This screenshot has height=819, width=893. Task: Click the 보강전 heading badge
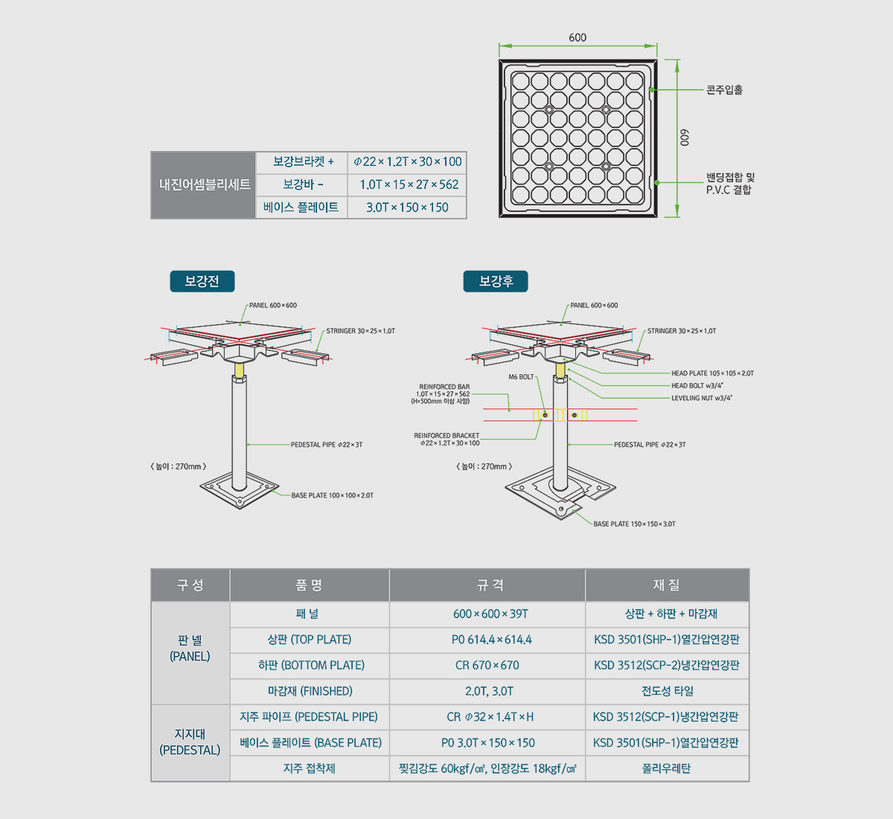pyautogui.click(x=202, y=281)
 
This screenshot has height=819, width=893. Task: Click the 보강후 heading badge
pyautogui.click(x=496, y=281)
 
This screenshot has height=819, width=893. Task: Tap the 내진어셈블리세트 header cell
pyautogui.click(x=204, y=184)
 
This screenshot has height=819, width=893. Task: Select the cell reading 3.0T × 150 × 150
pyautogui.click(x=407, y=208)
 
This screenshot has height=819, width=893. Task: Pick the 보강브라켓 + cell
pyautogui.click(x=302, y=161)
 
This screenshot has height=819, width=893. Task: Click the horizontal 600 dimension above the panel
pyautogui.click(x=577, y=37)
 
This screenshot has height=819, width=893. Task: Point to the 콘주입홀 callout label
pyautogui.click(x=724, y=90)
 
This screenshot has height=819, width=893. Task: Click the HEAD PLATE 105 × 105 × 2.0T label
pyautogui.click(x=712, y=373)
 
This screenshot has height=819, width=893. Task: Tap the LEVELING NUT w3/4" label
pyautogui.click(x=701, y=398)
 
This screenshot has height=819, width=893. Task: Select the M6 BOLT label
pyautogui.click(x=521, y=377)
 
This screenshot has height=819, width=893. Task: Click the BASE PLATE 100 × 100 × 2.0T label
pyautogui.click(x=332, y=495)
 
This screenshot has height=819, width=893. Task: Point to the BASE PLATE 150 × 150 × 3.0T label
pyautogui.click(x=634, y=524)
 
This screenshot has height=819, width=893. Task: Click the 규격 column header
pyautogui.click(x=487, y=585)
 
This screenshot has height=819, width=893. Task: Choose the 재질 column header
pyautogui.click(x=667, y=585)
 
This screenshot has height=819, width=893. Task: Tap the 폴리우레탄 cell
pyautogui.click(x=667, y=768)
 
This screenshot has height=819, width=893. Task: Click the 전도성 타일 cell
pyautogui.click(x=667, y=691)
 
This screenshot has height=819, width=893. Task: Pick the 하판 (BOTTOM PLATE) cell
pyautogui.click(x=310, y=665)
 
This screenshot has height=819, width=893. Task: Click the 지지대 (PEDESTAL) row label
pyautogui.click(x=190, y=742)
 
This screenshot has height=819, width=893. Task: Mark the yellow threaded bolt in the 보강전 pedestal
pyautogui.click(x=239, y=370)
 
